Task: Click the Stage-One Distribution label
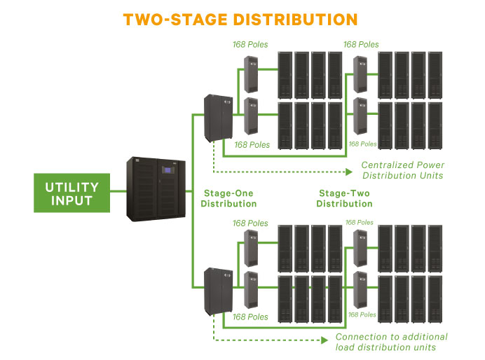(228, 198)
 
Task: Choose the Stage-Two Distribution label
(344, 198)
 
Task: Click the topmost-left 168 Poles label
(251, 45)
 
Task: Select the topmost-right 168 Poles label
(361, 45)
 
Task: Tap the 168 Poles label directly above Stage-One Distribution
(251, 145)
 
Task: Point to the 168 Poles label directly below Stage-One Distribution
(251, 223)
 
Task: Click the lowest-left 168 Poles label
(251, 317)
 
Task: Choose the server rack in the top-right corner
(436, 74)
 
